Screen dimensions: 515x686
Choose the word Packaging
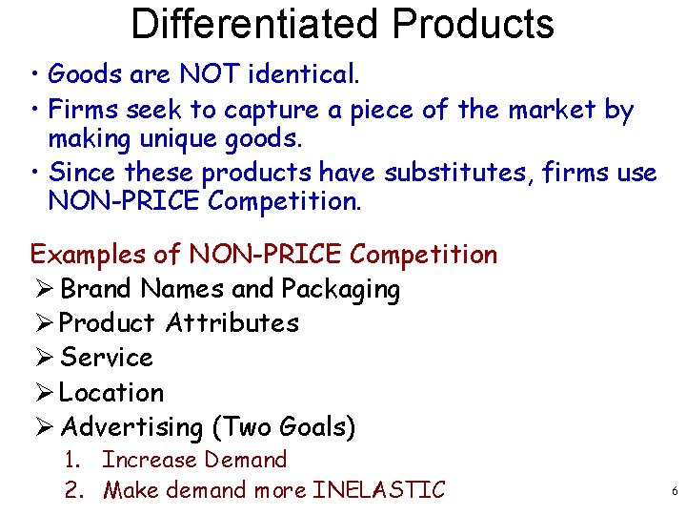[340, 289]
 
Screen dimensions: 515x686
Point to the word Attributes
[232, 323]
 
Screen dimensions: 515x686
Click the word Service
[106, 358]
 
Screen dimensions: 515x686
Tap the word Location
[111, 392]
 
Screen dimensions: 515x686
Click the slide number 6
[675, 492]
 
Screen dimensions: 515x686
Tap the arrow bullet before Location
[43, 392]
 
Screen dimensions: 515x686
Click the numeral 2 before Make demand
[71, 490]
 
